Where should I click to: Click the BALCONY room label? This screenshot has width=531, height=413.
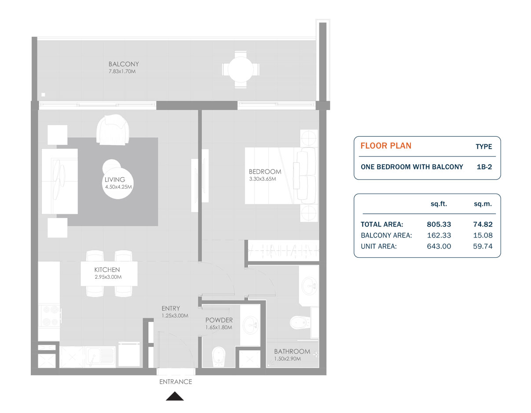[x=124, y=64]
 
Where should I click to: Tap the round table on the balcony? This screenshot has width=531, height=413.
[x=241, y=69]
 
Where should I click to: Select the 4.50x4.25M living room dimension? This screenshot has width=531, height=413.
[x=118, y=187]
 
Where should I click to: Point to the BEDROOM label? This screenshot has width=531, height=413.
[x=265, y=172]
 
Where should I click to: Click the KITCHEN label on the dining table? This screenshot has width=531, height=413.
[x=107, y=270]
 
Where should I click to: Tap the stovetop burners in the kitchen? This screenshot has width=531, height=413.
[x=50, y=315]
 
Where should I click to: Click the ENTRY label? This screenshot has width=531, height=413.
[x=171, y=308]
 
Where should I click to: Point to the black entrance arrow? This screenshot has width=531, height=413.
[x=175, y=396]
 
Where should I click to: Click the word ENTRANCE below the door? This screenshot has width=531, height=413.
[x=176, y=382]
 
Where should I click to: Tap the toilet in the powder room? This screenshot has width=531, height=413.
[x=219, y=357]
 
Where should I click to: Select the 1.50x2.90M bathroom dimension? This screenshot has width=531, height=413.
[x=287, y=359]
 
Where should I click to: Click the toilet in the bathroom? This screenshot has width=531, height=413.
[x=300, y=323]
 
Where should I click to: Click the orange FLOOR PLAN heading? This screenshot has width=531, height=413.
[x=386, y=146]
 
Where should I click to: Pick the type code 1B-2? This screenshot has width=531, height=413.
[x=484, y=167]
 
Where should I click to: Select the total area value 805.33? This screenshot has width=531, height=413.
[x=439, y=224]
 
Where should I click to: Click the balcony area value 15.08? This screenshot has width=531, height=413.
[x=483, y=235]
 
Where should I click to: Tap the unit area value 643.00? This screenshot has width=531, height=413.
[x=439, y=246]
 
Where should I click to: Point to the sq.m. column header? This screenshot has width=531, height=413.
[x=483, y=204]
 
